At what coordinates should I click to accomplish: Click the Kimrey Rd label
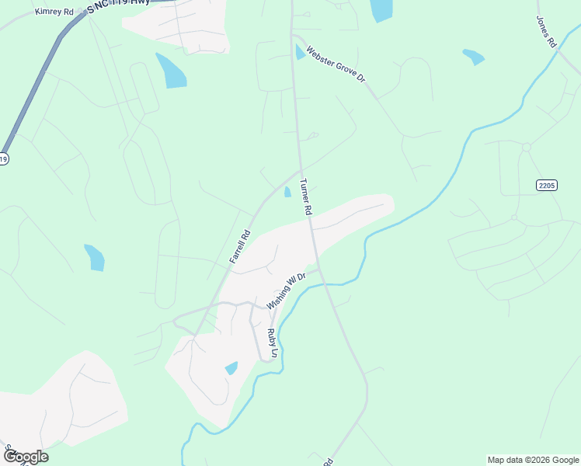click(54, 12)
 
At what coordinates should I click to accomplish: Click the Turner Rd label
click(306, 197)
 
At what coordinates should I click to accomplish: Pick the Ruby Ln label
click(272, 343)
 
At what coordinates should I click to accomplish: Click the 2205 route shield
click(547, 185)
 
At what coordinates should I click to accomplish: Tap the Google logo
click(26, 457)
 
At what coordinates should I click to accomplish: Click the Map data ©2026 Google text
click(532, 460)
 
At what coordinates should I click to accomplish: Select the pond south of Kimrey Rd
click(171, 71)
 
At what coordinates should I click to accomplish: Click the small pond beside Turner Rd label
click(287, 192)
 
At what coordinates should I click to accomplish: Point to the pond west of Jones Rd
click(473, 57)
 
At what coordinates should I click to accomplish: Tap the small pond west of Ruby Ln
click(231, 367)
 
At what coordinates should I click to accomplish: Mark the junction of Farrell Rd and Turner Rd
click(299, 171)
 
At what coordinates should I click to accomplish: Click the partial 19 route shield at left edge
click(3, 158)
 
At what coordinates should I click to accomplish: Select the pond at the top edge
click(381, 9)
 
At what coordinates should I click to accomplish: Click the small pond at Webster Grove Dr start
click(300, 52)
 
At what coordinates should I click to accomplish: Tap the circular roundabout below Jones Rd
click(526, 147)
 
